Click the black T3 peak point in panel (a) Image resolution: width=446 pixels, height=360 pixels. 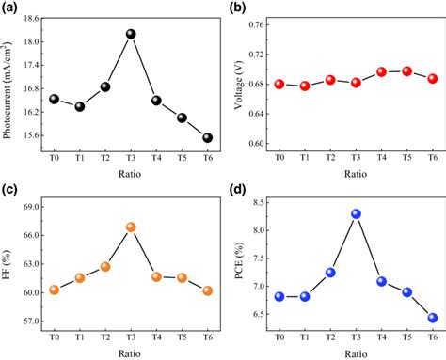(x=131, y=34)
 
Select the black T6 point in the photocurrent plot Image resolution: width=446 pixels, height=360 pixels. (x=207, y=138)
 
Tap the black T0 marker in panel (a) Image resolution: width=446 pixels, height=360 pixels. (x=55, y=100)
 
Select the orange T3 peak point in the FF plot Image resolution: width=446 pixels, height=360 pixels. (x=131, y=227)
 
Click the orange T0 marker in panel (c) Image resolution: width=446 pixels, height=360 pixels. (x=55, y=290)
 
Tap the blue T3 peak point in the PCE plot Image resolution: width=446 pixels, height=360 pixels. (x=357, y=213)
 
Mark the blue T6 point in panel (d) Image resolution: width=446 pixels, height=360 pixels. (x=433, y=318)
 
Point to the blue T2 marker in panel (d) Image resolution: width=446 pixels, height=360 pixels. (x=330, y=273)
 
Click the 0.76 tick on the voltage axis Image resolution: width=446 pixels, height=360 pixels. (x=254, y=25)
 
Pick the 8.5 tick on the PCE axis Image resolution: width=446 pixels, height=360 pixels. (x=257, y=202)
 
